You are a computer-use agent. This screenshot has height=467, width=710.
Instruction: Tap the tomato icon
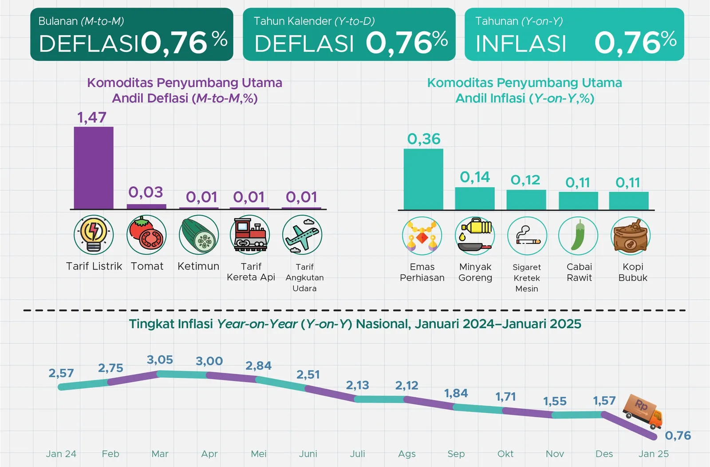pyautogui.click(x=146, y=234)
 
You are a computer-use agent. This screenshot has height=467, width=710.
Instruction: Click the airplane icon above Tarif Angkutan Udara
pyautogui.click(x=302, y=234)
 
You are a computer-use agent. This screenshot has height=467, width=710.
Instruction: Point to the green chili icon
pyautogui.click(x=578, y=235)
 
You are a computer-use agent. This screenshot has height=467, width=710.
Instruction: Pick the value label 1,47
pyautogui.click(x=92, y=117)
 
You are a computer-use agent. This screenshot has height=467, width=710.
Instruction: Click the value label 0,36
pyautogui.click(x=424, y=139)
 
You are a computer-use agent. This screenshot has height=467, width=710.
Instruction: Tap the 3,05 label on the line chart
pyautogui.click(x=160, y=360)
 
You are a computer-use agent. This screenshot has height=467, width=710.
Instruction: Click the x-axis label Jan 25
pyautogui.click(x=653, y=454)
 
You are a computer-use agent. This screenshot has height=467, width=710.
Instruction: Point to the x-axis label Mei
pyautogui.click(x=259, y=454)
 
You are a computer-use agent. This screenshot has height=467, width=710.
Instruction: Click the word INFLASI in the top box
pyautogui.click(x=521, y=44)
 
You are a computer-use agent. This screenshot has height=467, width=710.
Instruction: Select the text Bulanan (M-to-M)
pyautogui.click(x=81, y=21)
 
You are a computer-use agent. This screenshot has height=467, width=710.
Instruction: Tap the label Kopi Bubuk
pyautogui.click(x=633, y=272)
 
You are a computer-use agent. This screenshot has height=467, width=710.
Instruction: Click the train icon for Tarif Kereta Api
pyautogui.click(x=249, y=234)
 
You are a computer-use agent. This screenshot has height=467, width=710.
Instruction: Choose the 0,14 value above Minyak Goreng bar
pyautogui.click(x=475, y=177)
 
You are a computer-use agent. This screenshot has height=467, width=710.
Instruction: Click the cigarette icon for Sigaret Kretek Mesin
pyautogui.click(x=527, y=235)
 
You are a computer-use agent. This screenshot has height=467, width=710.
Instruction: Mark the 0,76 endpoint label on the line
pyautogui.click(x=678, y=435)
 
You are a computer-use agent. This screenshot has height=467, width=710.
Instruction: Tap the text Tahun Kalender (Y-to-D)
pyautogui.click(x=314, y=21)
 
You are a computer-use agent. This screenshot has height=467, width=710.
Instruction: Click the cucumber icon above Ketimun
pyautogui.click(x=199, y=234)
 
